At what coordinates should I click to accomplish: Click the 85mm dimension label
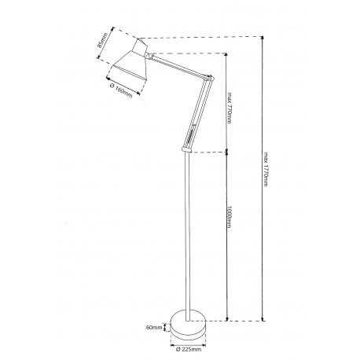click(x=101, y=43)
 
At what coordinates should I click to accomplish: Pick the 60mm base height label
click(x=153, y=326)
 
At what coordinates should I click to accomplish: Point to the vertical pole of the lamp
click(x=186, y=236)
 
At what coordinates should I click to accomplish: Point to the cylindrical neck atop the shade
click(x=142, y=48)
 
